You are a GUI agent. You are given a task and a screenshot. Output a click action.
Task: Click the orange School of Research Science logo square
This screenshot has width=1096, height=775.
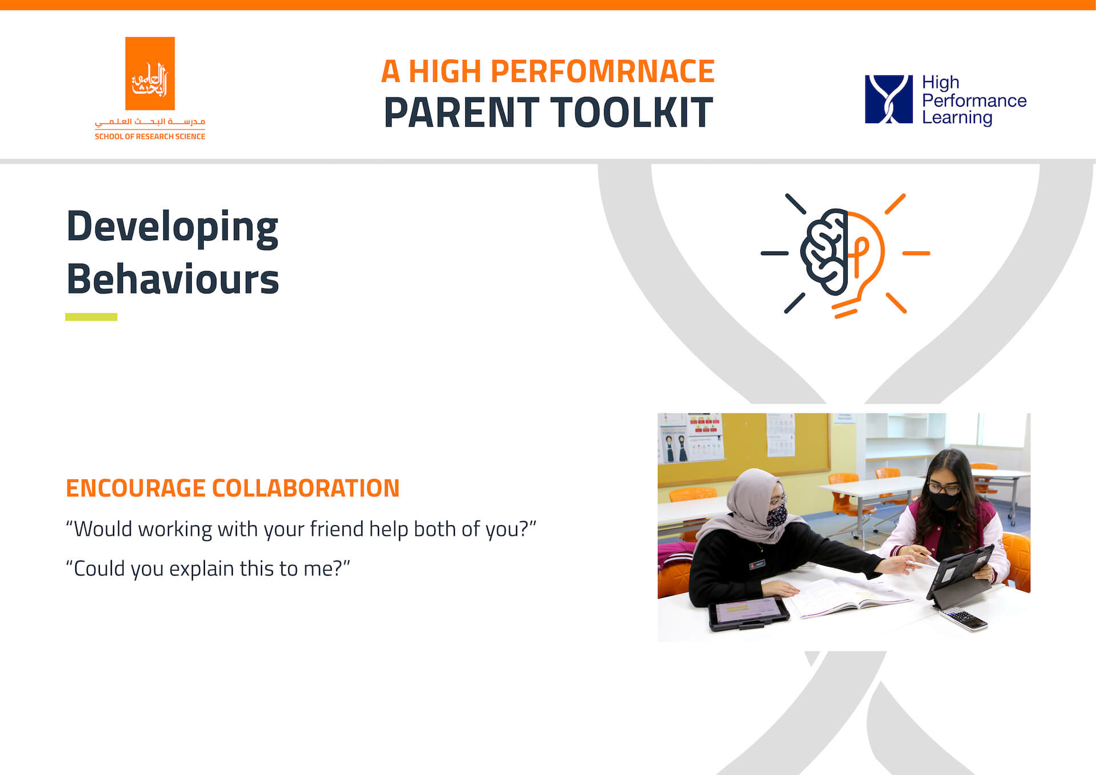(x=150, y=74)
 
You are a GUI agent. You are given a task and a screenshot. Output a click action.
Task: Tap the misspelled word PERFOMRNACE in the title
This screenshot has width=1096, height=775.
(x=602, y=72)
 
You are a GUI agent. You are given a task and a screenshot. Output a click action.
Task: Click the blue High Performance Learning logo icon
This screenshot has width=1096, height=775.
(x=888, y=99)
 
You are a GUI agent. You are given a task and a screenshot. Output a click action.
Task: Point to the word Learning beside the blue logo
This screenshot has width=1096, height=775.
(x=957, y=118)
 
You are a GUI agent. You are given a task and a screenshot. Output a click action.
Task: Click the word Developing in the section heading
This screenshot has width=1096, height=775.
(x=172, y=227)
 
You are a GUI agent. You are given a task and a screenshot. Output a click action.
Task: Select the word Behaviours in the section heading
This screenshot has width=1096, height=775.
(x=172, y=280)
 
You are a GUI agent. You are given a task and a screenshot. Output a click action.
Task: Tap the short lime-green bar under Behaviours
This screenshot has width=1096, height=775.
(x=91, y=317)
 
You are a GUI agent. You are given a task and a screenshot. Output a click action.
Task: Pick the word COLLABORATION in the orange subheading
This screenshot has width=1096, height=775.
(x=305, y=489)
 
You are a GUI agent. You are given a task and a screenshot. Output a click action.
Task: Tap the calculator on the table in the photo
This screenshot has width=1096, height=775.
(x=964, y=619)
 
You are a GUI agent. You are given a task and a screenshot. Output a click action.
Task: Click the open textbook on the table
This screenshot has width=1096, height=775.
(x=851, y=596)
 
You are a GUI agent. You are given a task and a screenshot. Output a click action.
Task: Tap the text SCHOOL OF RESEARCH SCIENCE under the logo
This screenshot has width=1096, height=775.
(x=150, y=136)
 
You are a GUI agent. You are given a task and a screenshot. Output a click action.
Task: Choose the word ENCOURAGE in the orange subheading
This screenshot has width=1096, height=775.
(x=135, y=489)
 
